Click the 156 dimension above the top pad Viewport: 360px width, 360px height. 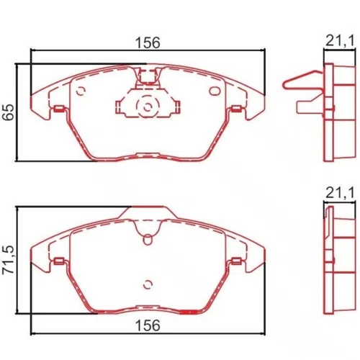tap(148, 42)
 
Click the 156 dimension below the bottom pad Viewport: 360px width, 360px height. tap(148, 325)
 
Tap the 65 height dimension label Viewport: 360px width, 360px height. tap(8, 112)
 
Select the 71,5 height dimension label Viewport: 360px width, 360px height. tap(8, 260)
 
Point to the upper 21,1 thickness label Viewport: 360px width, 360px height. tap(340, 41)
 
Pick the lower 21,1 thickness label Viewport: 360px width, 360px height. tap(340, 193)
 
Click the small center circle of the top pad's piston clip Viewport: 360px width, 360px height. tap(148, 107)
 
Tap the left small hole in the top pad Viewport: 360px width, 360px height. tap(81, 91)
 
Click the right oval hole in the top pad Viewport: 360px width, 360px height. tap(215, 91)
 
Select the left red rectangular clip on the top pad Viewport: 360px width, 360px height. tap(58, 109)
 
